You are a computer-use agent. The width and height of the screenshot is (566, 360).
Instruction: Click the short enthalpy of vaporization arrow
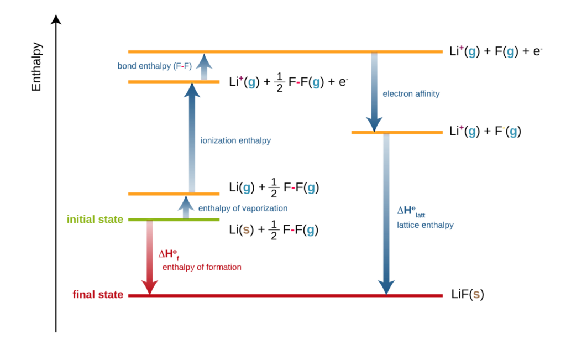(186, 207)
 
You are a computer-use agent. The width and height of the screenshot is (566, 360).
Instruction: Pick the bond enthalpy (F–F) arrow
(204, 66)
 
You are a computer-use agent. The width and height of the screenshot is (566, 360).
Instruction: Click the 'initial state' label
(95, 220)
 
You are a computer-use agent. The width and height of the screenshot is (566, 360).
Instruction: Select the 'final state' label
(98, 295)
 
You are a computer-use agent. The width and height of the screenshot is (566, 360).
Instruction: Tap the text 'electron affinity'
(411, 94)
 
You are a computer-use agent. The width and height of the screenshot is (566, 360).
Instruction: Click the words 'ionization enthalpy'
(235, 141)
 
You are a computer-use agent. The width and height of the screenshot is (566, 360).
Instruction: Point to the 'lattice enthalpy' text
(425, 225)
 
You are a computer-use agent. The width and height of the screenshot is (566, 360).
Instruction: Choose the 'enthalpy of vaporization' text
(243, 208)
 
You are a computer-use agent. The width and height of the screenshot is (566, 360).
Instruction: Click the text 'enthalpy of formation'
(202, 267)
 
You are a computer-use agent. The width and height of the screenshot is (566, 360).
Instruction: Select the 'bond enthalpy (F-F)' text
(154, 66)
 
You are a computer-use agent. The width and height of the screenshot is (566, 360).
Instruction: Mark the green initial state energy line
(174, 220)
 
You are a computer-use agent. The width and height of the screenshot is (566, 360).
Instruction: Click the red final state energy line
(285, 296)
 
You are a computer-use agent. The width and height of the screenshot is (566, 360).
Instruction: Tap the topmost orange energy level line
(285, 51)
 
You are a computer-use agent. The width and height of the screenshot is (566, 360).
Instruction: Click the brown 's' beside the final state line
(476, 295)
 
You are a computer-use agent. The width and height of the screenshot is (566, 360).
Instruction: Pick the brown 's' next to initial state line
(247, 231)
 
